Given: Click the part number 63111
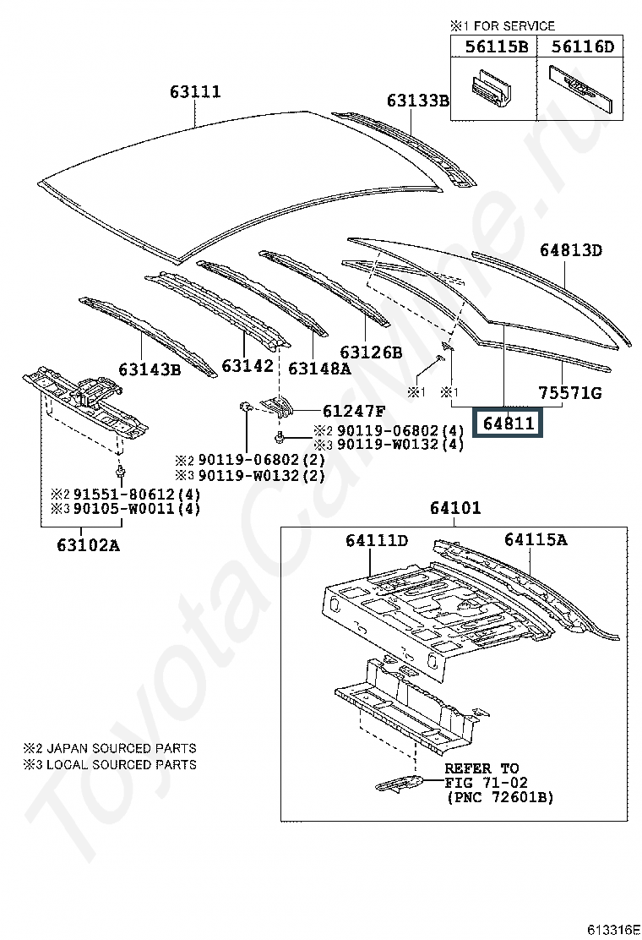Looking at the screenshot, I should coord(195,92).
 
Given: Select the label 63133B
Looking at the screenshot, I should coord(418,101).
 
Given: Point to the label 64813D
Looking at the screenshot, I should coord(571,250).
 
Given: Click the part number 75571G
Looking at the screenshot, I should coord(571,393).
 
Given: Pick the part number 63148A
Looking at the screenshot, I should coord(319,368).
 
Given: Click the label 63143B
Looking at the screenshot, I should coord(150,369).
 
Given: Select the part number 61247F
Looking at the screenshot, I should coord(354,412).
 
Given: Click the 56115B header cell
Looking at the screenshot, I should coord(497,47).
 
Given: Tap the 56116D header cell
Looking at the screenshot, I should coord(582,47).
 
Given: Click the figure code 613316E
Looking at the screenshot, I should coord(614,928).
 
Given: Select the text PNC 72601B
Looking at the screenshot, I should coord(499,797).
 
